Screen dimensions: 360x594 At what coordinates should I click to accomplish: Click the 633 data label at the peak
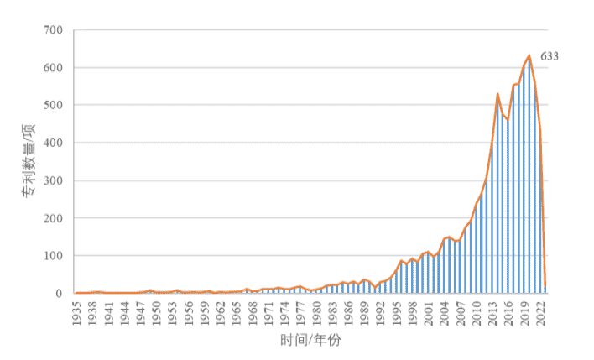coord(549,57)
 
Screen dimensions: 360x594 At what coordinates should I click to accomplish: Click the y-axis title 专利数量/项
coord(29,160)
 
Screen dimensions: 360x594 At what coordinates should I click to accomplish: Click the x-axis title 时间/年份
coord(311,342)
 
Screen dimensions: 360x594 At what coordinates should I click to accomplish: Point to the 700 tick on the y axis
coord(54,30)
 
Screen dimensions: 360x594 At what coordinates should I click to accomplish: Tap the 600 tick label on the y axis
coord(54,68)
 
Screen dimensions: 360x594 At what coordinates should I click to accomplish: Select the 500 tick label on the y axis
coord(54,106)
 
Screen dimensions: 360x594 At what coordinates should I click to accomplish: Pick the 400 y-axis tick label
coord(54,143)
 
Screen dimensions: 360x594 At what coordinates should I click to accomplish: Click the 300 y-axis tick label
coord(54,181)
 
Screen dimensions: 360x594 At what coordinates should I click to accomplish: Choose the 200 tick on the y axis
coord(54,218)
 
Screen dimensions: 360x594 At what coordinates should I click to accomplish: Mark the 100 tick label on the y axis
coord(54,256)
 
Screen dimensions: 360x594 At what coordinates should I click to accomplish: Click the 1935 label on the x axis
coord(78,311)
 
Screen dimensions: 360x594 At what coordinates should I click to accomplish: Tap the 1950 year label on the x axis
coord(158,311)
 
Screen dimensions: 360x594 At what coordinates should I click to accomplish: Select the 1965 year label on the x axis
coord(237,311)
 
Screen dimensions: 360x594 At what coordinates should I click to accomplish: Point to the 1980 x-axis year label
coord(317,311)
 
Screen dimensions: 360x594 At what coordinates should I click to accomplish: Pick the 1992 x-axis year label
coord(381,311)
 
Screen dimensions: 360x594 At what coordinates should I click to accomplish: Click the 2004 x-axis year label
coord(445,311)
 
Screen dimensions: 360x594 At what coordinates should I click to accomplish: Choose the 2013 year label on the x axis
coord(492,311)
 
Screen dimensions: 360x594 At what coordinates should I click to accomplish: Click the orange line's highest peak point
coord(529,55)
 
